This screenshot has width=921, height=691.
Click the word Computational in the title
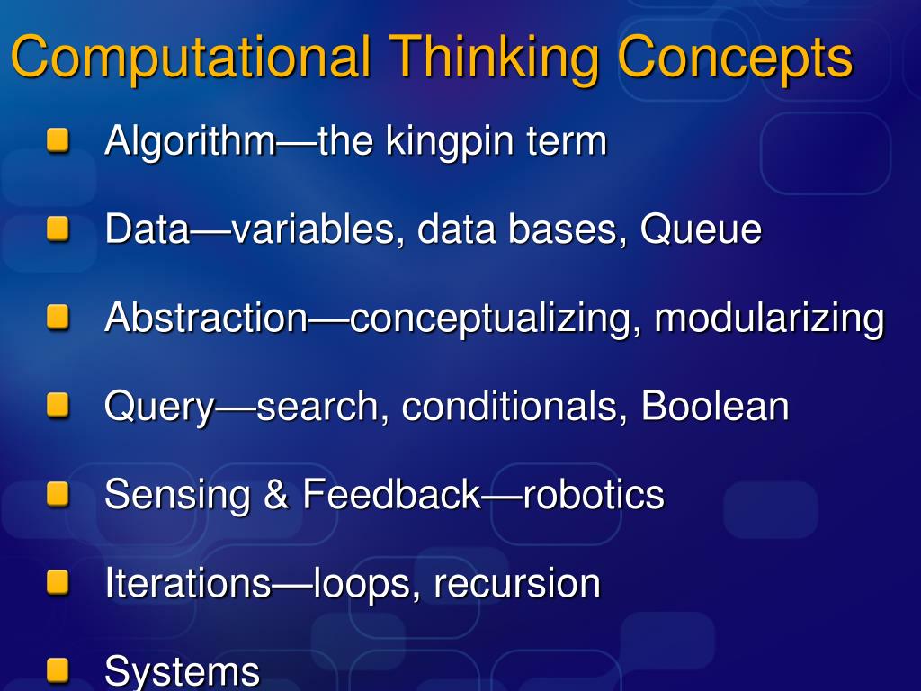coord(190,58)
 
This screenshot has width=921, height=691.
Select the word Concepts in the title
coord(735,58)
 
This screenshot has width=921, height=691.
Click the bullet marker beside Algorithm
coord(58,141)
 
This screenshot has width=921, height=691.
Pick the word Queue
coord(701,229)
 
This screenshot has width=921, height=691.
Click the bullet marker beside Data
coord(58,229)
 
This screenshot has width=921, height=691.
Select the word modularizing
coord(769,318)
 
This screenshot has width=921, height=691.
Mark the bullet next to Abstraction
coord(58,318)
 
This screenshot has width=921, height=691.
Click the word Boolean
coord(715,406)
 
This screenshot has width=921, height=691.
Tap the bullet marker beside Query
coord(58,406)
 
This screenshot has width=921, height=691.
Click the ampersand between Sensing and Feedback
coord(275,495)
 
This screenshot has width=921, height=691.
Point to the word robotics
coord(594,495)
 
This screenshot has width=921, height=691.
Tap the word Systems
coord(182,671)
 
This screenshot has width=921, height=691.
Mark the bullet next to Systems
coord(58,670)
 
